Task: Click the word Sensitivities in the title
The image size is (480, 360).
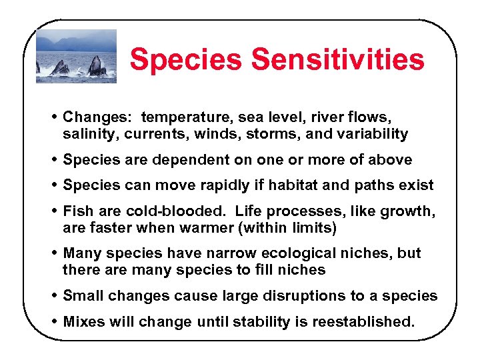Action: (337, 59)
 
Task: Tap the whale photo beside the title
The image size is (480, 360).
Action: (76, 56)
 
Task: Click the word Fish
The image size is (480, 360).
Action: (77, 211)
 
